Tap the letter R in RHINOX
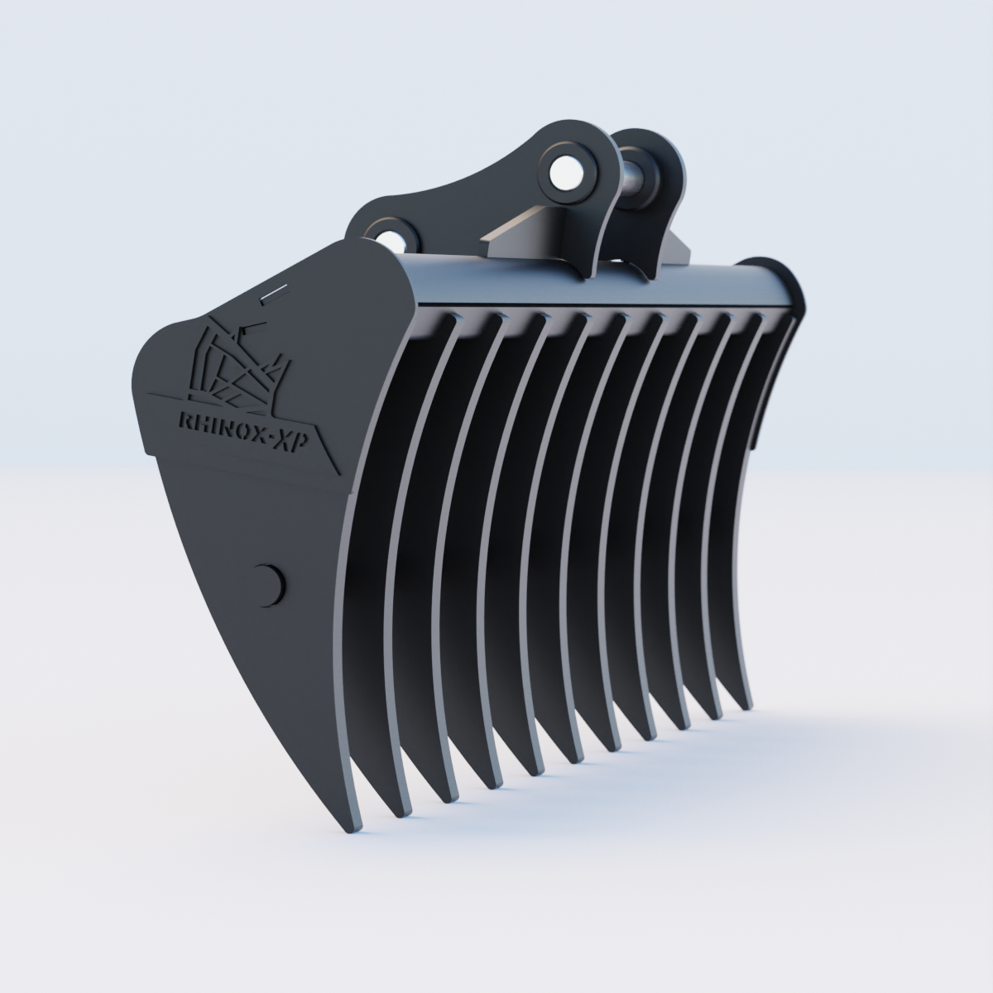[x=185, y=421]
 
